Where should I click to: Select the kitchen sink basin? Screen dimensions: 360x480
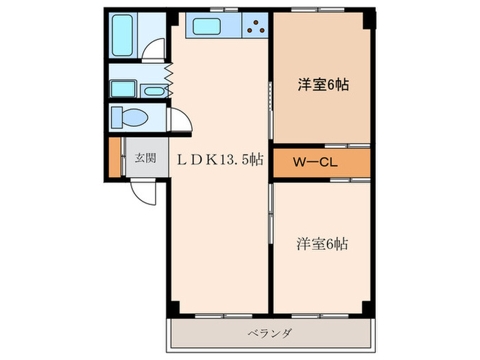click(206, 27)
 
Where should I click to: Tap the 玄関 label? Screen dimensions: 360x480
click(145, 158)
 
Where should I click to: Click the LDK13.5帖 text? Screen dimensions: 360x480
click(219, 160)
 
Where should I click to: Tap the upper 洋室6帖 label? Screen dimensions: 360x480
click(323, 85)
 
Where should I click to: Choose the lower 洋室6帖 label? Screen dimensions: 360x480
click(322, 243)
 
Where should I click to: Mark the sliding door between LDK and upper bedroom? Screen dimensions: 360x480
click(272, 99)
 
